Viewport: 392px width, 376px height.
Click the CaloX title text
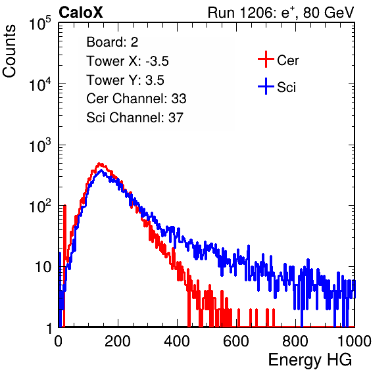click(80, 12)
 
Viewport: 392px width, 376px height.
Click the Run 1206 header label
click(281, 12)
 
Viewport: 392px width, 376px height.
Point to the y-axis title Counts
click(9, 51)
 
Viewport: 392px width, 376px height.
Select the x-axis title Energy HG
click(310, 360)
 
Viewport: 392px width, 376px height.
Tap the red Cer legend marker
click(266, 59)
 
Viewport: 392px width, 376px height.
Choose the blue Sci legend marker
click(266, 87)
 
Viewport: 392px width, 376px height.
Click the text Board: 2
click(112, 42)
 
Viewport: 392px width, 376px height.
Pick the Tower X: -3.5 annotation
click(128, 61)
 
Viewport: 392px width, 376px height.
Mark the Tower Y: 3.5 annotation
click(125, 80)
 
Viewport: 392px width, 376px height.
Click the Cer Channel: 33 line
click(136, 99)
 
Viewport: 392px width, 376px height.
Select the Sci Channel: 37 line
click(135, 118)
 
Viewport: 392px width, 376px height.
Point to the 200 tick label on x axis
click(118, 341)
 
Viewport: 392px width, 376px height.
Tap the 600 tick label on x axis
click(236, 341)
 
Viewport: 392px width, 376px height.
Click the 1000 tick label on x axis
click(355, 341)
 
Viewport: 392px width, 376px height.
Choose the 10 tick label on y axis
click(43, 267)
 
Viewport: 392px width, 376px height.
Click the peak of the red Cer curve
click(99, 164)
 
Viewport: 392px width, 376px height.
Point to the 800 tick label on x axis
click(295, 341)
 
